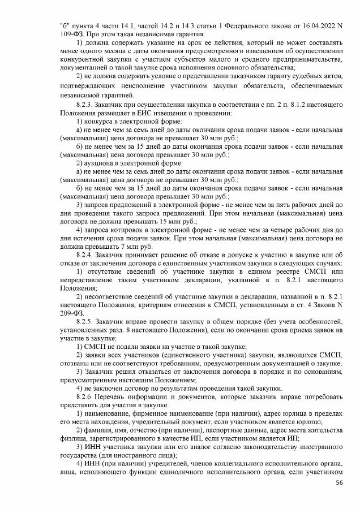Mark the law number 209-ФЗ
click(x=71, y=312)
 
